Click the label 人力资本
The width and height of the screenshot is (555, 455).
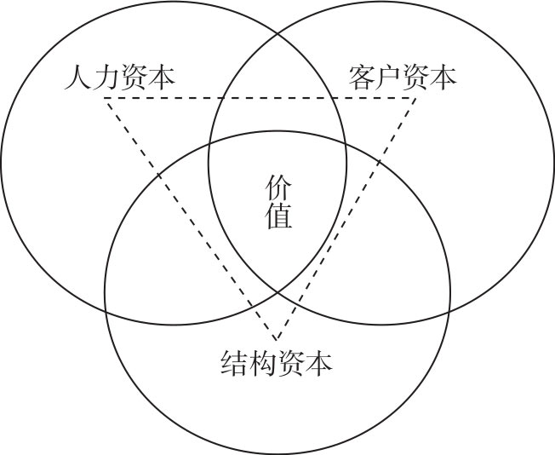point(120,78)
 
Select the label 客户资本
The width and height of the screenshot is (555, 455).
point(402,78)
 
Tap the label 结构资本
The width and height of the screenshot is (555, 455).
point(276,364)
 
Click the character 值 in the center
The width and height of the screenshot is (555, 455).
point(278,216)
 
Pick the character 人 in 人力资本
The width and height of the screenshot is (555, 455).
point(78,78)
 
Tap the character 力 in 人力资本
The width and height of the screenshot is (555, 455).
point(106,78)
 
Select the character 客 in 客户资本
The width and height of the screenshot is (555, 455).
point(361,78)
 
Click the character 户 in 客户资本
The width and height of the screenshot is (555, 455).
point(388,78)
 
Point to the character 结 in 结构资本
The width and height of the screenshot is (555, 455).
point(234,364)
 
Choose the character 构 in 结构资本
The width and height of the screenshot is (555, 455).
point(262,364)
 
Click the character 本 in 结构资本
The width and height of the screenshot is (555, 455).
point(318,364)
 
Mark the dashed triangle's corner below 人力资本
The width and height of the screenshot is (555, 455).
point(106,99)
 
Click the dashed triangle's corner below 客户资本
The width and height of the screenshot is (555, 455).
point(417,99)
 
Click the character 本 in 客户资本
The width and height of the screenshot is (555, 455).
point(443,78)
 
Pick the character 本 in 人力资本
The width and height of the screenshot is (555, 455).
point(162,78)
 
